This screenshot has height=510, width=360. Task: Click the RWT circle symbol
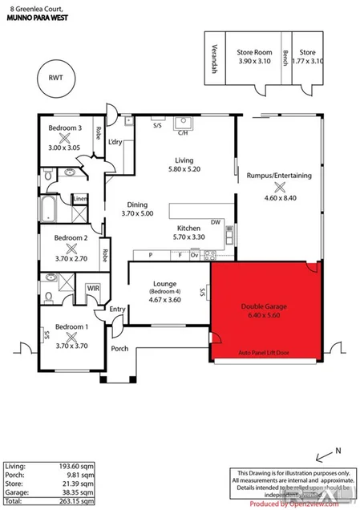(54, 79)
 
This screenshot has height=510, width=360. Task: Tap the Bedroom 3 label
(65, 128)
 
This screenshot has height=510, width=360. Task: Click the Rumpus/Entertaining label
(279, 175)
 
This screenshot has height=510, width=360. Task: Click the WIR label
(93, 286)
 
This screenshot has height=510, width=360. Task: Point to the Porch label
(119, 349)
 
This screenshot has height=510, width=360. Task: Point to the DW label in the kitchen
(215, 222)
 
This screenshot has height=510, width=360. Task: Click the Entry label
(118, 309)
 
